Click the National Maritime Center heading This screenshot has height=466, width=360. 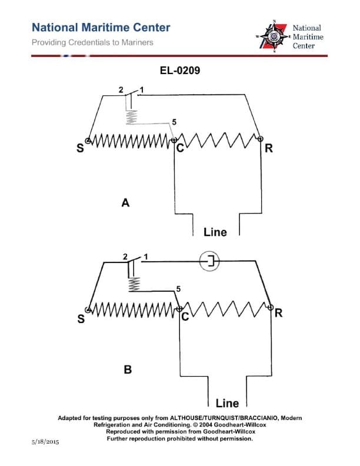[101, 28]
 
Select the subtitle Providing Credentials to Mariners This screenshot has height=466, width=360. [92, 42]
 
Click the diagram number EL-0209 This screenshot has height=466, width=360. [179, 71]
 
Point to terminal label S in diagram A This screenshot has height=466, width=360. [81, 148]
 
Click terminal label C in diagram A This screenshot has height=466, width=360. [180, 148]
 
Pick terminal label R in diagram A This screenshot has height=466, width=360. [268, 148]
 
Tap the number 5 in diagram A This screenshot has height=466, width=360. [174, 122]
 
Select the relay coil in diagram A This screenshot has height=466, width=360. [131, 118]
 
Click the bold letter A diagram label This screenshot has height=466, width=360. [125, 203]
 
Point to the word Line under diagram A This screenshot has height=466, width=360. [215, 232]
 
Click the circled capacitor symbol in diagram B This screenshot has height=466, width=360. [210, 261]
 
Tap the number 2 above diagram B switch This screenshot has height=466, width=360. [125, 257]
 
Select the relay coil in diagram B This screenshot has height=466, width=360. [134, 284]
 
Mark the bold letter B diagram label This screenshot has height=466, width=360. [128, 370]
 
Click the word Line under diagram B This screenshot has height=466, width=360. [227, 404]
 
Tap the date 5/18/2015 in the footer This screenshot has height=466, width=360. [44, 441]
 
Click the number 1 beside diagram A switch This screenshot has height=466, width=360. [142, 90]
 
